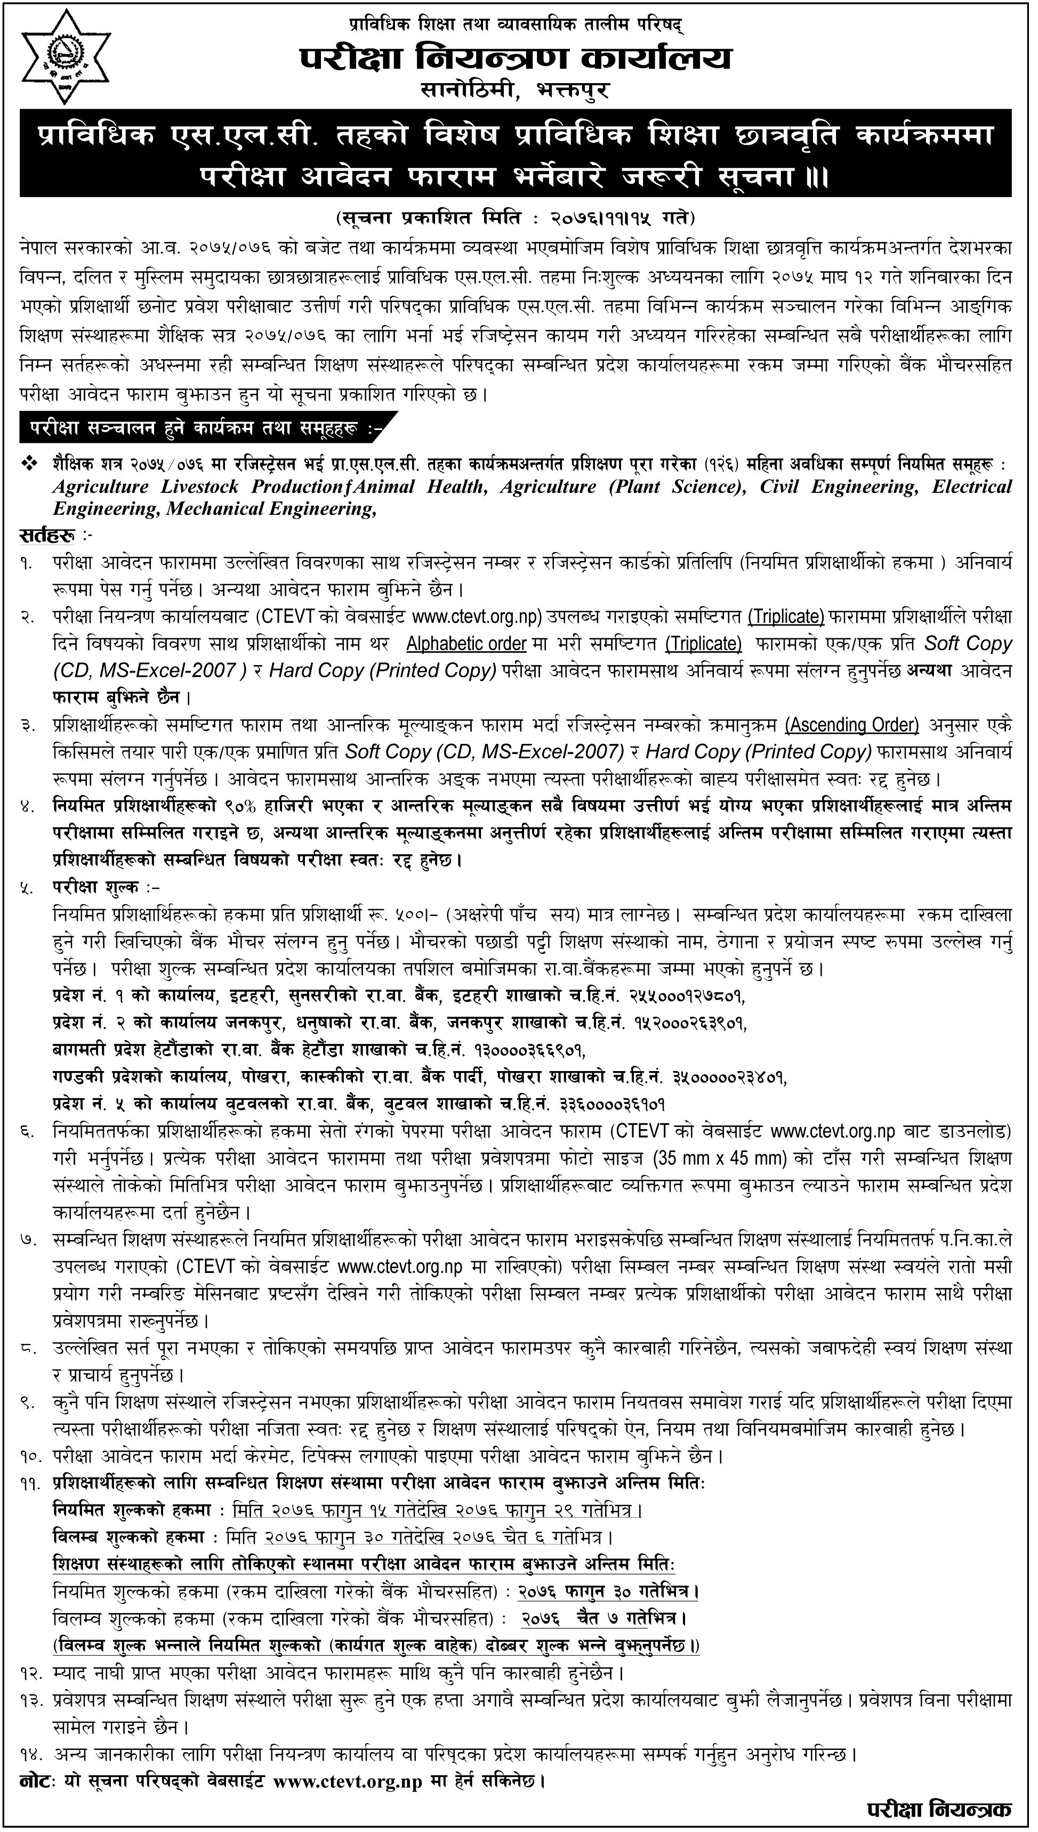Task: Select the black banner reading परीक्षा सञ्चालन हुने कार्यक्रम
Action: [207, 428]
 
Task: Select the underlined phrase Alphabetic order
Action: [466, 644]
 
